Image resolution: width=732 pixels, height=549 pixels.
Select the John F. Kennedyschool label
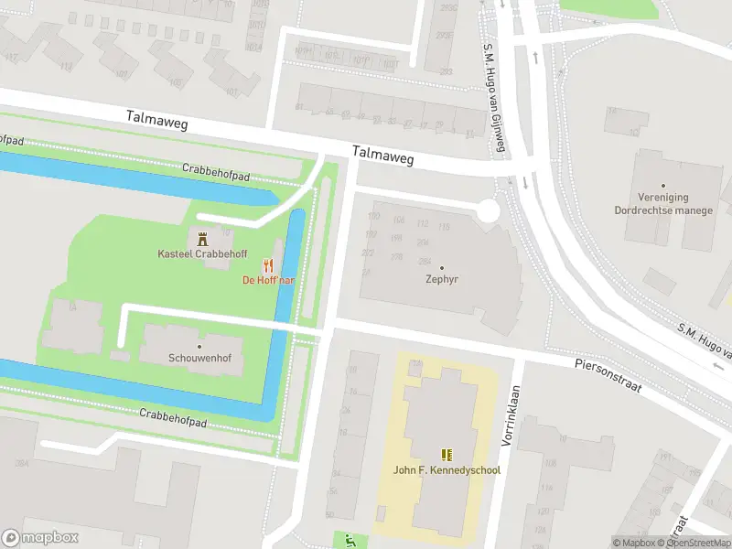(447, 470)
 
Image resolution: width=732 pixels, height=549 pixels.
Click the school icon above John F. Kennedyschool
(447, 455)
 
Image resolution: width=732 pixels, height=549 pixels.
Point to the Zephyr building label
(441, 280)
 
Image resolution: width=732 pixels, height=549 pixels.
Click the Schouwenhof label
(199, 358)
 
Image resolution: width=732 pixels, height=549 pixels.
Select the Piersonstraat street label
(608, 376)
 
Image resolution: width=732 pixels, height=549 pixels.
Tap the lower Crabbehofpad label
(172, 419)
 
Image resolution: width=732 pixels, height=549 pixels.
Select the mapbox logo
(40, 537)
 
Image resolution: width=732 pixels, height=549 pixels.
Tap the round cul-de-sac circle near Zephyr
(488, 212)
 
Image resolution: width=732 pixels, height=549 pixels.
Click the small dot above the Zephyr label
(441, 267)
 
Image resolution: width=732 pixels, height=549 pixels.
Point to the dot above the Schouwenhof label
(199, 345)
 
